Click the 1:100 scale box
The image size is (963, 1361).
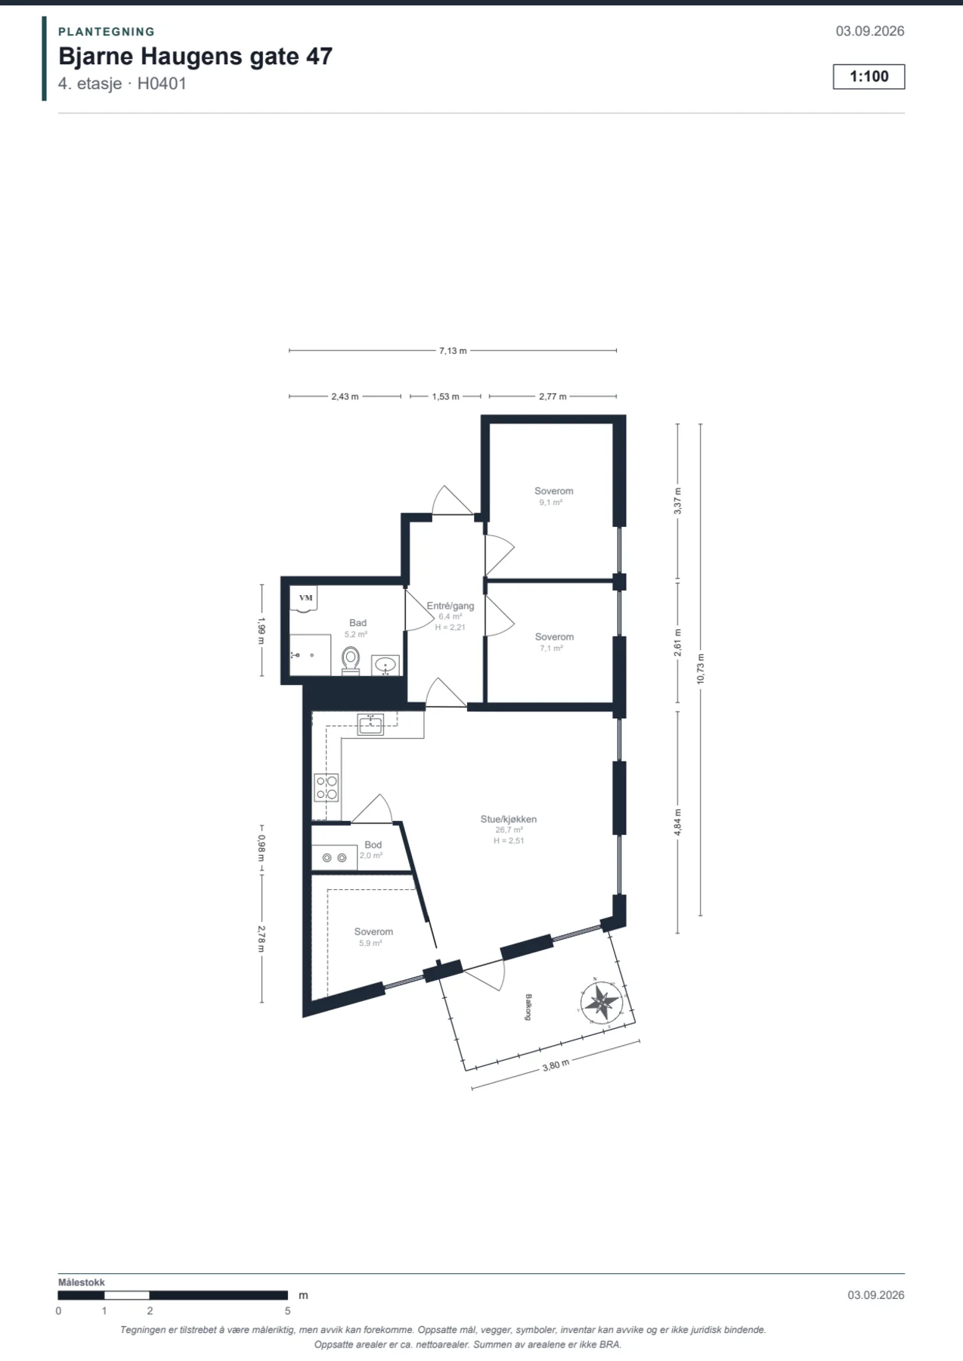click(869, 76)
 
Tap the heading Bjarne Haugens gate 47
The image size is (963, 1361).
click(195, 57)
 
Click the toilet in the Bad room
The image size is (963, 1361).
click(351, 660)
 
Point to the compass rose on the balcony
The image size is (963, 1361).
click(602, 1001)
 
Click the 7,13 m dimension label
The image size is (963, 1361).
click(453, 351)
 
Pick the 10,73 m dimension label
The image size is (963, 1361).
click(700, 668)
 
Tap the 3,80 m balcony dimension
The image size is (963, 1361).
click(556, 1065)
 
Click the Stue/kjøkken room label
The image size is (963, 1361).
click(509, 819)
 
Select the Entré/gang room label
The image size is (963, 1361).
click(451, 606)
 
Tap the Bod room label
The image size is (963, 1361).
click(373, 845)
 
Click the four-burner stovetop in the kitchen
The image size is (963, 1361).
click(327, 787)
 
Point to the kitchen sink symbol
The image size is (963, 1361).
click(370, 724)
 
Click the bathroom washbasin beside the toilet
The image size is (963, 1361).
click(386, 665)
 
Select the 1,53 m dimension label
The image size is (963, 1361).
click(445, 396)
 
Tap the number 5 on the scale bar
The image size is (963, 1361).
click(287, 1311)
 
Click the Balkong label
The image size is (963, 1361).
click(528, 1007)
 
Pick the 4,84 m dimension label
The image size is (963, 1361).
click(677, 822)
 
